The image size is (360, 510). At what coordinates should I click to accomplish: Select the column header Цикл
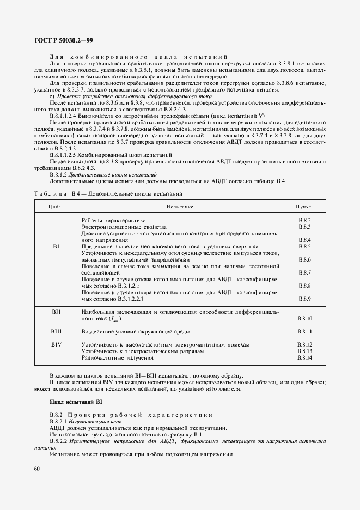coord(55,207)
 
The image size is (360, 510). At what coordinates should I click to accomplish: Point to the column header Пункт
coord(303,207)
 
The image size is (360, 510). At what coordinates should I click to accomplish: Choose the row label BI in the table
coord(56,246)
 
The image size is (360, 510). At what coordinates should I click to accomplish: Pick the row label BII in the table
coord(56,313)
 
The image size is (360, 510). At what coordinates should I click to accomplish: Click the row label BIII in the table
coord(57,331)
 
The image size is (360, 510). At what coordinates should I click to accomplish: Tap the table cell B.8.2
coord(304,220)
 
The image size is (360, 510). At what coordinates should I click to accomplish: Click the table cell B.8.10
coord(304,318)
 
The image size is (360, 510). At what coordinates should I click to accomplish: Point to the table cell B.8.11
coord(304,331)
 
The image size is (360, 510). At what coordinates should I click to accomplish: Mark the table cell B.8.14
coord(304,358)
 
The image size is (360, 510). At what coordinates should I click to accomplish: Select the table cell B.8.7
coord(304,272)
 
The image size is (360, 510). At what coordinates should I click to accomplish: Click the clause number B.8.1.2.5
coord(65,155)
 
